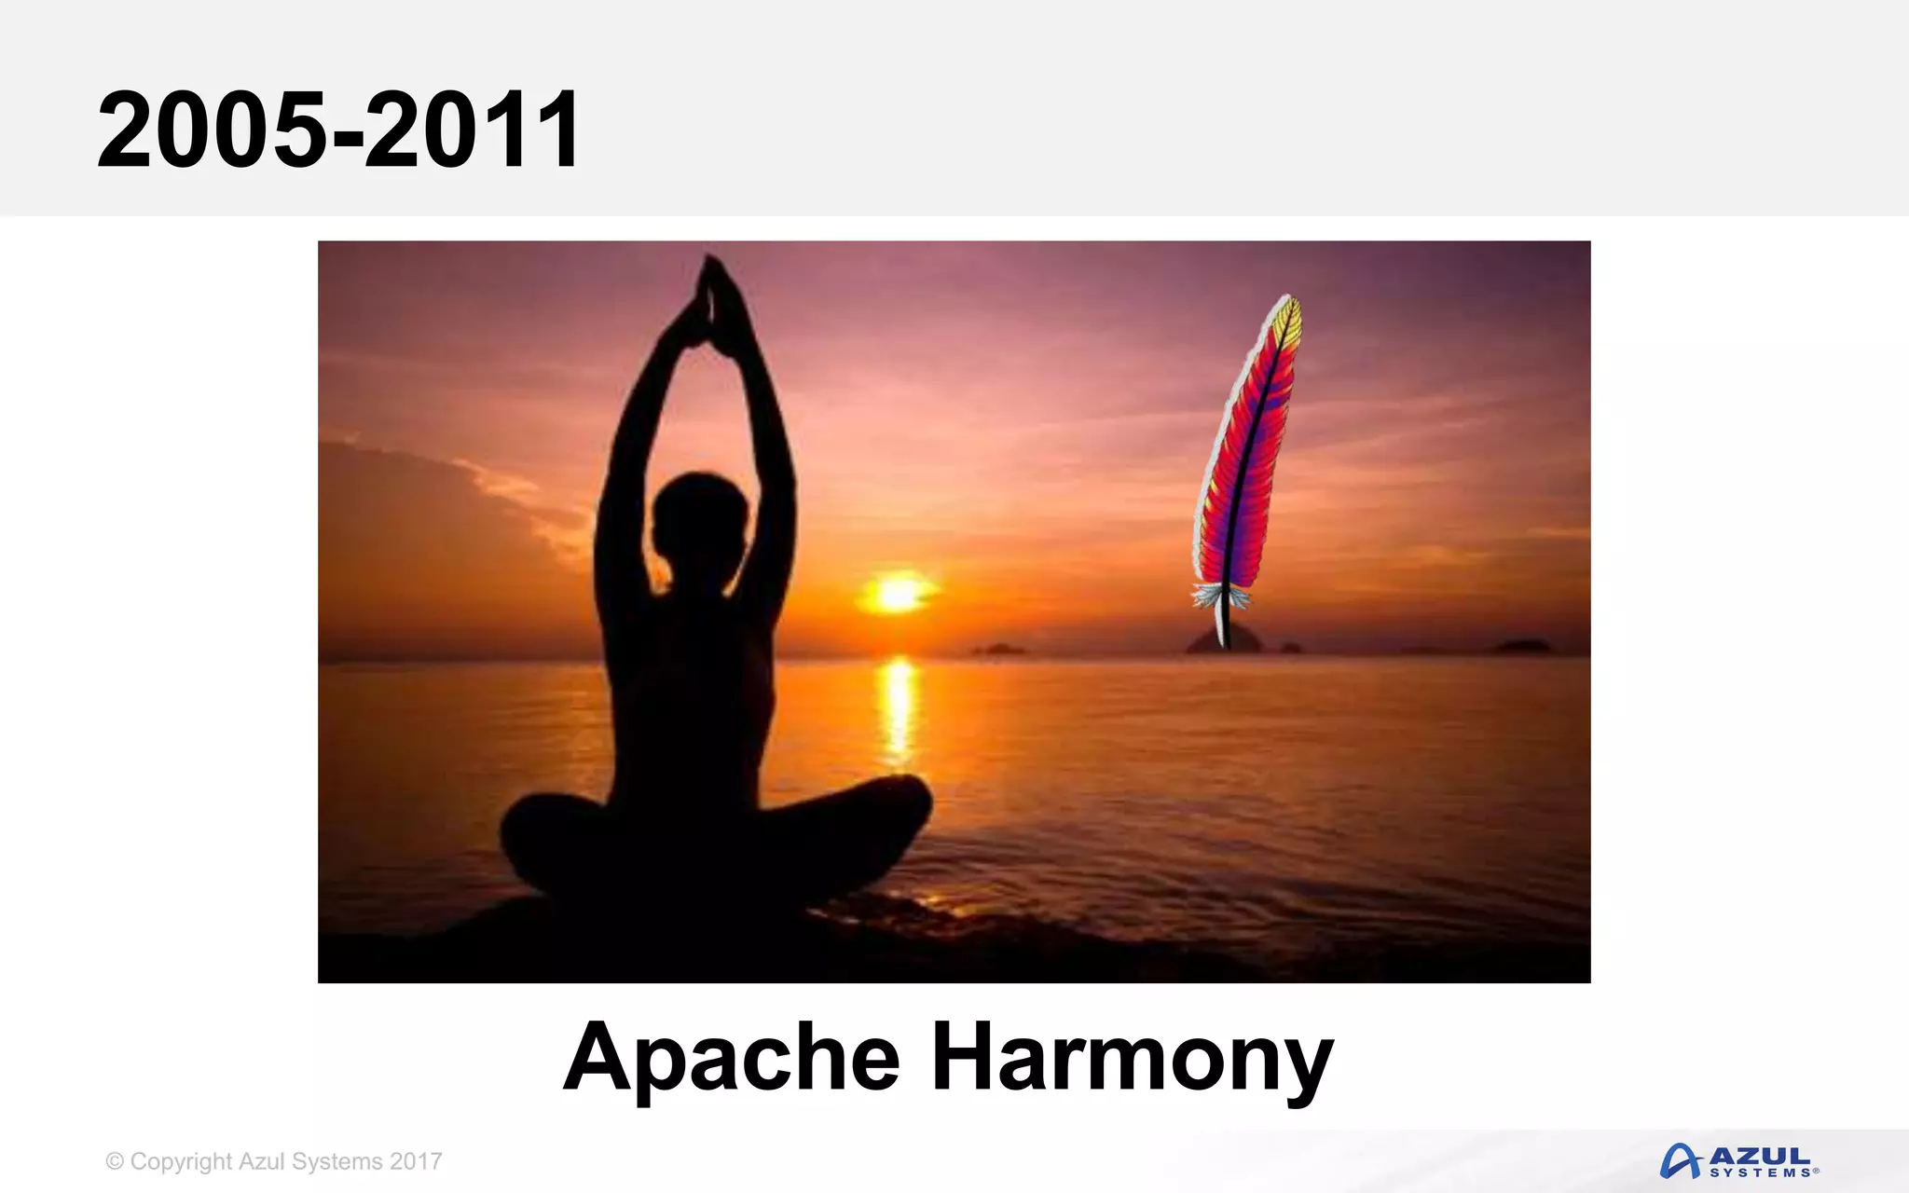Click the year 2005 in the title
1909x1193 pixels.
tap(213, 130)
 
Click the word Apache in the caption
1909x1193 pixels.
tap(732, 1058)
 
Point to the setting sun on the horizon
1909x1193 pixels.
tap(897, 594)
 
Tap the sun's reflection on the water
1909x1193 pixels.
tap(898, 708)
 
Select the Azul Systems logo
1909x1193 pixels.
tap(1739, 1161)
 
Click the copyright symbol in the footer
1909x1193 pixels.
tap(115, 1161)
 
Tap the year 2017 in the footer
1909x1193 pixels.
tap(416, 1161)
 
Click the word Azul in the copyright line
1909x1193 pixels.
tap(261, 1161)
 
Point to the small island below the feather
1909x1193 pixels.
tap(1224, 640)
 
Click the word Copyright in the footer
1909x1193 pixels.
tap(181, 1161)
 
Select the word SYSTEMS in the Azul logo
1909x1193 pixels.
tap(1762, 1172)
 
